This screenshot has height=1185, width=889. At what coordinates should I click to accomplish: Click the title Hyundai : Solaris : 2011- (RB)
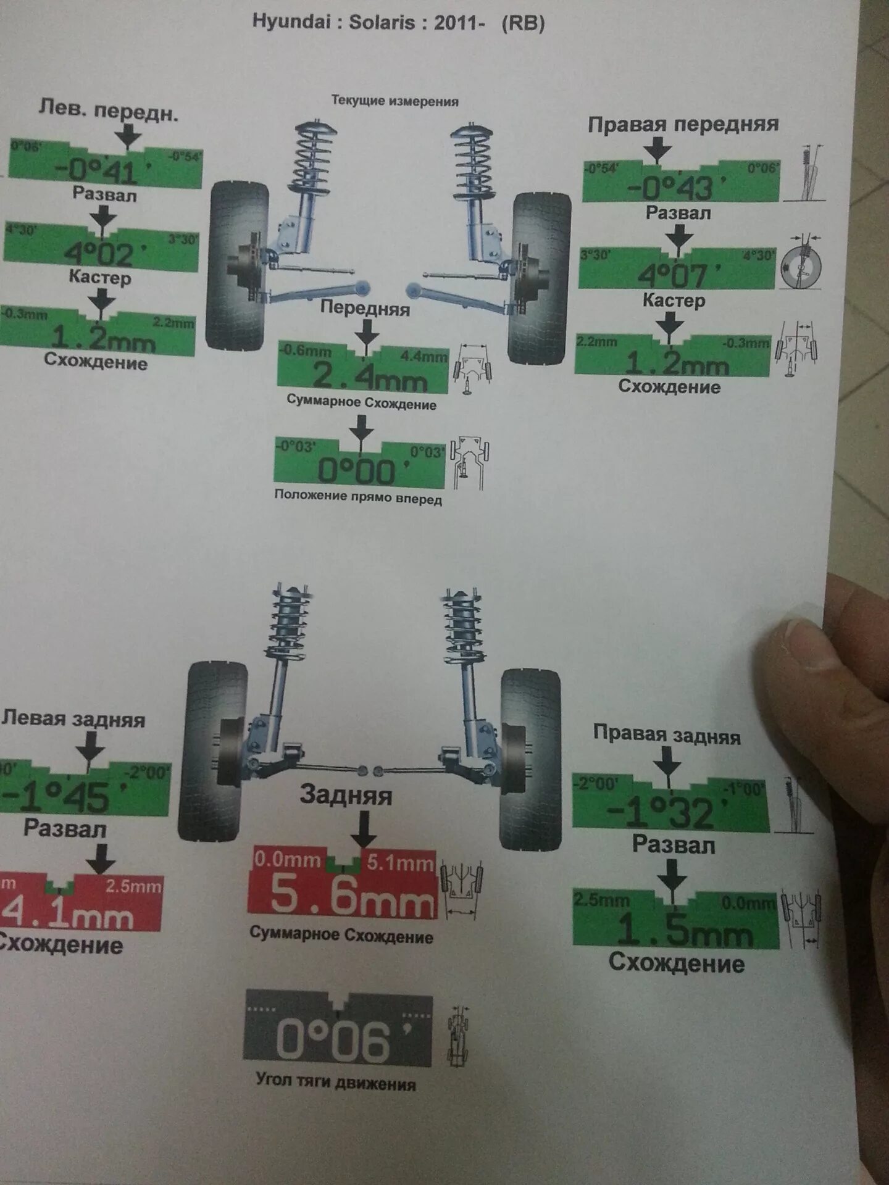[x=398, y=23]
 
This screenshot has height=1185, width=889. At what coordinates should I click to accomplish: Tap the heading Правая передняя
[x=683, y=125]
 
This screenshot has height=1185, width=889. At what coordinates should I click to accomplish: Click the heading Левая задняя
[x=73, y=719]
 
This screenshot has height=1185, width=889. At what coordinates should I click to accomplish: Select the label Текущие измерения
[x=395, y=101]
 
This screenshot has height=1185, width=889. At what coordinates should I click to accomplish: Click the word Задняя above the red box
[x=346, y=795]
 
